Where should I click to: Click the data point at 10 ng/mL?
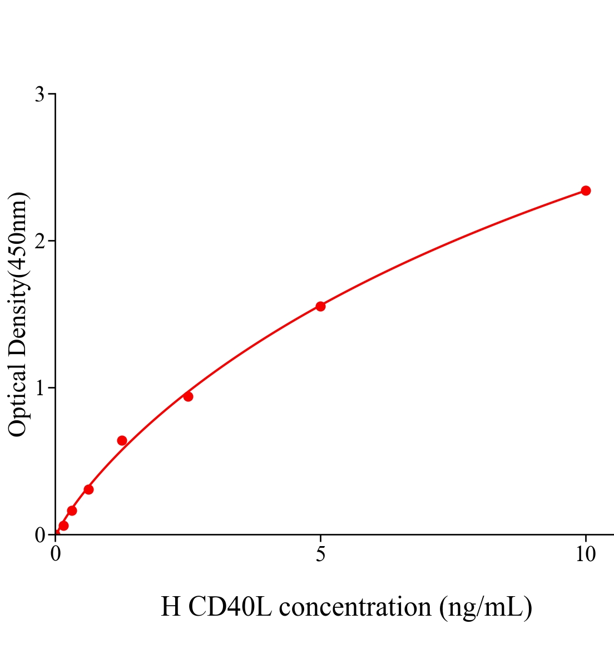pos(586,190)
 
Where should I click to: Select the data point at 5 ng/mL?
pos(320,306)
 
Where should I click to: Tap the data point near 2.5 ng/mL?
pos(188,396)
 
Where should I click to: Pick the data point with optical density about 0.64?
pos(122,440)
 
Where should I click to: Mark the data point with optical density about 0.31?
pos(88,489)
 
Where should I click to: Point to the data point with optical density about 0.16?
pos(72,510)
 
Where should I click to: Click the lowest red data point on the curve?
pos(63,525)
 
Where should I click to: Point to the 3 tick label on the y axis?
pos(39,95)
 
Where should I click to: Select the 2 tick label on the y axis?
pos(39,241)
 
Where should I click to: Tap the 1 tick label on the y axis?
pos(39,388)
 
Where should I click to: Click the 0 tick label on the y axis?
pos(39,535)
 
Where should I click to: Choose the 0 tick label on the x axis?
pos(56,554)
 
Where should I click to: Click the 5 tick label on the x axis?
pos(320,554)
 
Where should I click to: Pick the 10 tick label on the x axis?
pos(585,554)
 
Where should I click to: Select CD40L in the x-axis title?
pos(230,607)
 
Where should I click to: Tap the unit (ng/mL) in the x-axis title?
pos(485,607)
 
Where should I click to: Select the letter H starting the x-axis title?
pos(170,607)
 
